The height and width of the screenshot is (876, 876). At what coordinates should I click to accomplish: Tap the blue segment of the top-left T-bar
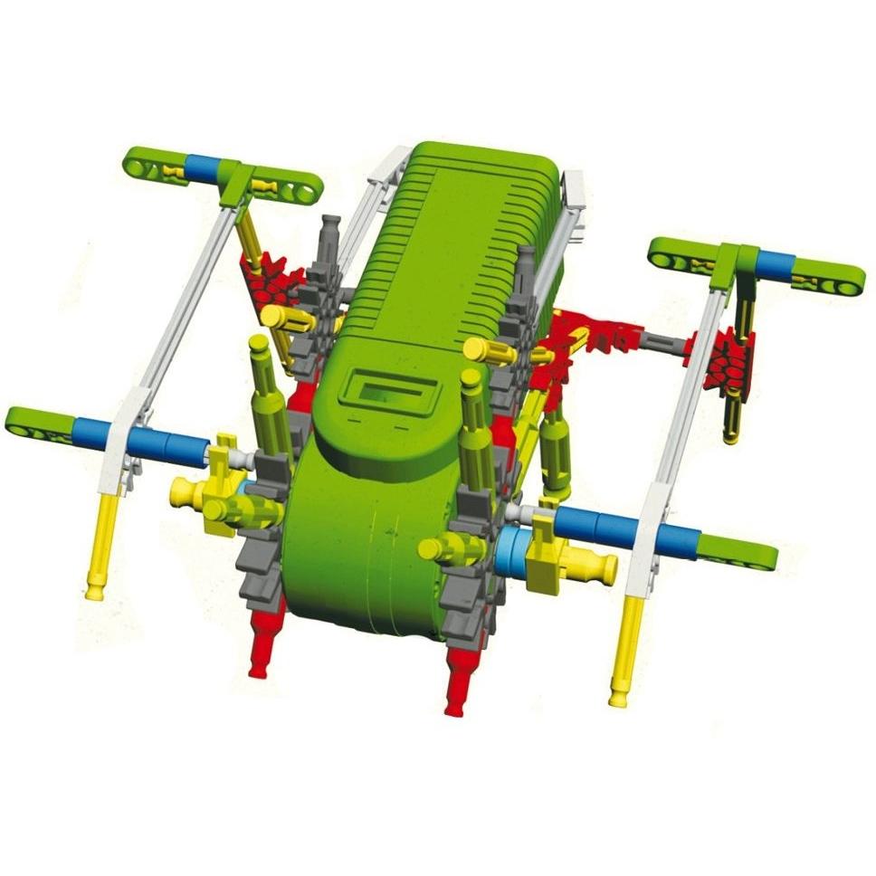202,167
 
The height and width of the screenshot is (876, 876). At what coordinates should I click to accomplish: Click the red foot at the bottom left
263,643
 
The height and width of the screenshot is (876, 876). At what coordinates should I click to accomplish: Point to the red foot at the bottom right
461,679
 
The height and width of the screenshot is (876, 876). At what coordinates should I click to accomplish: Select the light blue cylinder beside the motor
509,552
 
